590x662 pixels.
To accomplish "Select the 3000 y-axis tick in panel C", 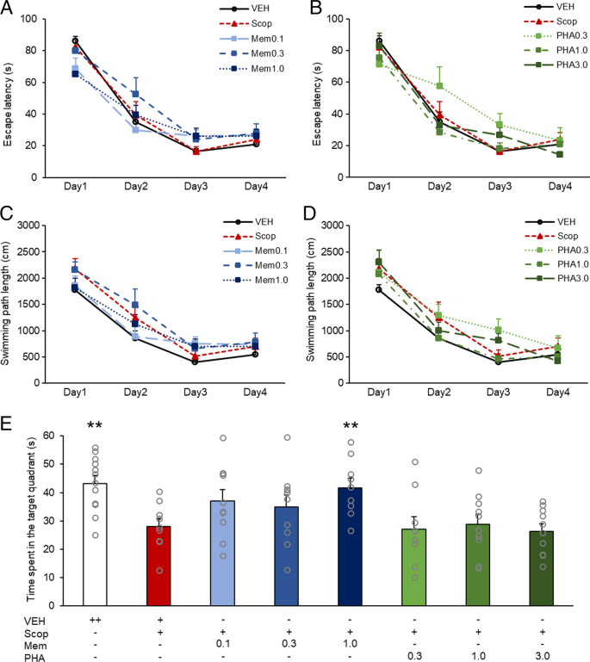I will point(29,225).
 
